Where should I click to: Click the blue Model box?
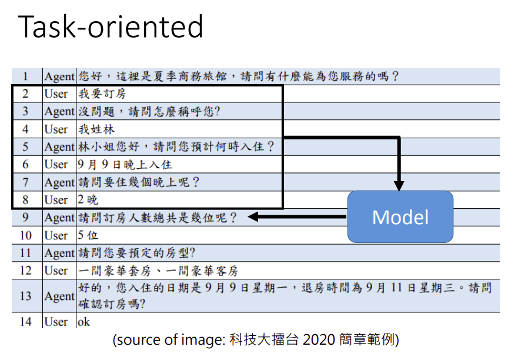coord(400,217)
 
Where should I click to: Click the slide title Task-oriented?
coord(111,26)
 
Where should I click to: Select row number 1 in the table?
coord(25,76)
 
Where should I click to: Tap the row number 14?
coord(25,322)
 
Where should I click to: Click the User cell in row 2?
coord(56,94)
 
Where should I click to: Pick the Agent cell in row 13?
coord(59,296)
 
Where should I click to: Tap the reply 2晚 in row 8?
coord(88,200)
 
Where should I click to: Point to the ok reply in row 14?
coord(84,322)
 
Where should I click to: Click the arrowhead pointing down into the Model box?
coord(399,186)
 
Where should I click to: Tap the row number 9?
coord(25,218)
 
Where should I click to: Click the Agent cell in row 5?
coord(59,146)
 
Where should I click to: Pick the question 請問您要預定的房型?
coord(136,253)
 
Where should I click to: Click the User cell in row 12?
coord(56,271)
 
